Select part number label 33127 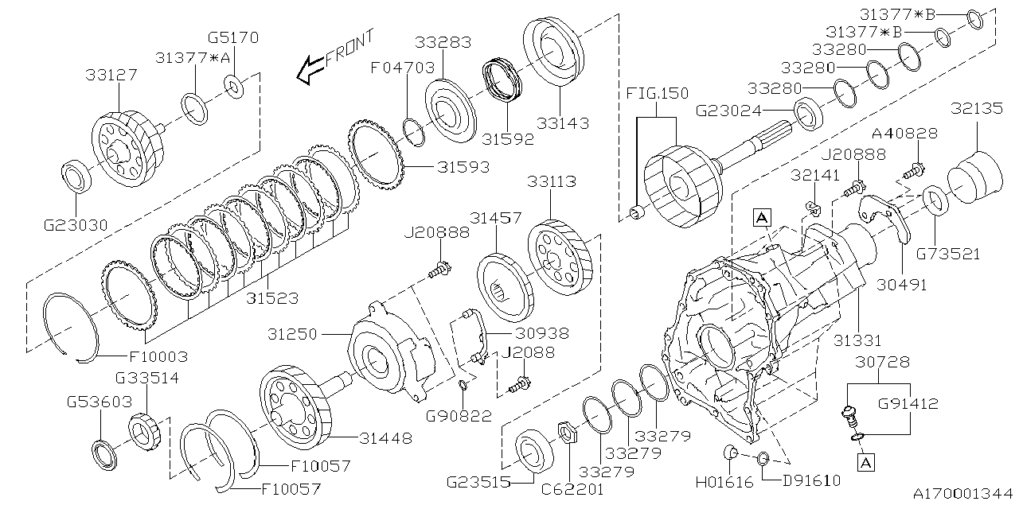(111, 76)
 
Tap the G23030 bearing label (76, 225)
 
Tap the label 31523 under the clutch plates (271, 298)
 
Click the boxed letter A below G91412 (865, 460)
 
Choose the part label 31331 (857, 340)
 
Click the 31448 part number (385, 437)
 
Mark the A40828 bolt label (904, 134)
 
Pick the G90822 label (458, 415)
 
